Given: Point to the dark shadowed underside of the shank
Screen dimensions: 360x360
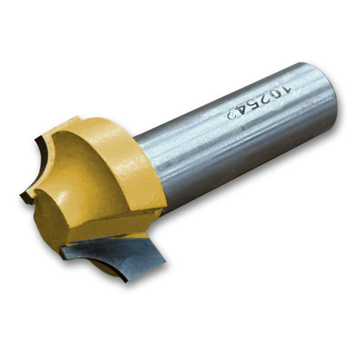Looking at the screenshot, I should click(249, 178).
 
